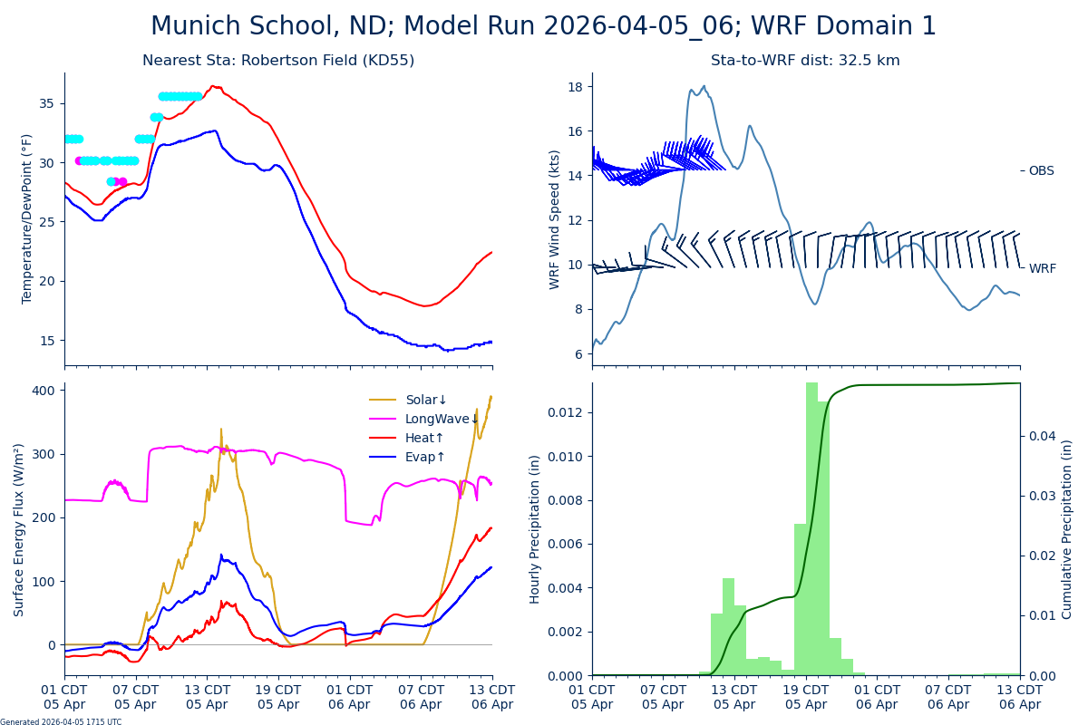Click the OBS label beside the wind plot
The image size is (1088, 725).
click(x=1041, y=171)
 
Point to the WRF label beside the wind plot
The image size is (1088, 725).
click(x=1042, y=269)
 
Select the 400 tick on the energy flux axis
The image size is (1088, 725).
click(x=45, y=390)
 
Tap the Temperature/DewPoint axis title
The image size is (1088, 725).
click(x=27, y=218)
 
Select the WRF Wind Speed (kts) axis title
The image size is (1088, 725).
click(x=555, y=219)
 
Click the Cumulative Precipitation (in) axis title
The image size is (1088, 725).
click(x=1067, y=529)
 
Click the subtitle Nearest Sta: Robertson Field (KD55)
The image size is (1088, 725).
click(x=278, y=61)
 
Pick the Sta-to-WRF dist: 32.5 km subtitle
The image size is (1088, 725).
click(x=805, y=61)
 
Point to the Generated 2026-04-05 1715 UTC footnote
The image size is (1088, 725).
click(x=61, y=722)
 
